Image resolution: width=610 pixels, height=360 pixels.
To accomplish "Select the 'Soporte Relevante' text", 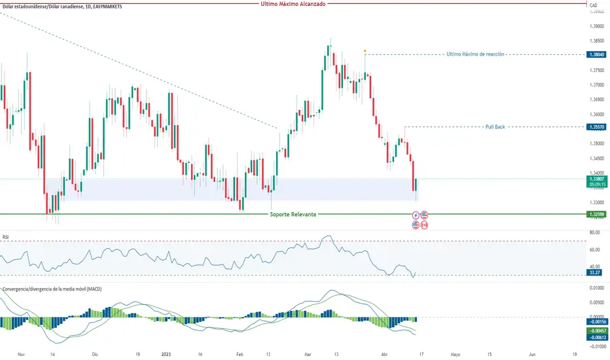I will pos(293,214).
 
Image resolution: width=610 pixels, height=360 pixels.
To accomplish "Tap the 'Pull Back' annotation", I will pos(495,126).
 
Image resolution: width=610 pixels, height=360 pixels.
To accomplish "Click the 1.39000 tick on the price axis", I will pos(596,26).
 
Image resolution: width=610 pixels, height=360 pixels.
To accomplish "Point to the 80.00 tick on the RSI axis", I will pos(594,232).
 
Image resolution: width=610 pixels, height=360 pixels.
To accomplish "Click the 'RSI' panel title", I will pos(7,238).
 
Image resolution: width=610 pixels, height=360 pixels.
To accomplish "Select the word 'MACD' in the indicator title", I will pos(94,289).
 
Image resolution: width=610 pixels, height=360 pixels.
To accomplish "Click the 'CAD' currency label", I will pos(594,5).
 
